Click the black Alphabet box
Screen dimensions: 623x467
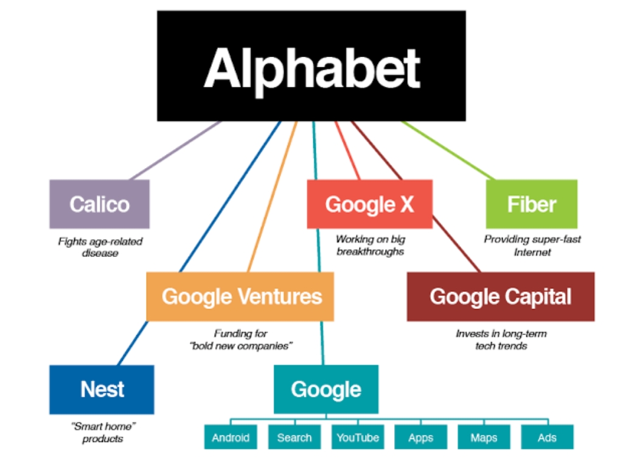click(x=311, y=66)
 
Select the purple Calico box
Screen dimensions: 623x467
click(x=99, y=204)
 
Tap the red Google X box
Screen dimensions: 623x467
click(x=369, y=204)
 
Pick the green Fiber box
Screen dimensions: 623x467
click(x=532, y=204)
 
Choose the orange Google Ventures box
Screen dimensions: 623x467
click(x=240, y=297)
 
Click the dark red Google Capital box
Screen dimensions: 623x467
click(x=501, y=297)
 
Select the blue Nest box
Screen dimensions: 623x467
click(x=102, y=390)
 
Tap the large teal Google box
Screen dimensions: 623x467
click(x=326, y=389)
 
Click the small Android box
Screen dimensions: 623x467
click(x=231, y=437)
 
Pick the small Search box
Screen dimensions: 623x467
click(x=294, y=437)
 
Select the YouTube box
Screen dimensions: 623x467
click(x=358, y=437)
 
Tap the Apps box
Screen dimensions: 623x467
click(x=421, y=437)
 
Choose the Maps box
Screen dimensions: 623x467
click(x=484, y=437)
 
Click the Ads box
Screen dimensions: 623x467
click(x=547, y=437)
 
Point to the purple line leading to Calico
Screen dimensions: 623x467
click(x=176, y=151)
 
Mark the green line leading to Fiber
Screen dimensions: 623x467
click(x=448, y=151)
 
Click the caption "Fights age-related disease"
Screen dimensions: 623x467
click(x=100, y=247)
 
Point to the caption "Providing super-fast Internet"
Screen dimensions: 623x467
click(x=532, y=246)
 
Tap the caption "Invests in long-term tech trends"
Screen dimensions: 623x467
click(x=501, y=339)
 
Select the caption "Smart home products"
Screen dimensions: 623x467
click(x=103, y=432)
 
